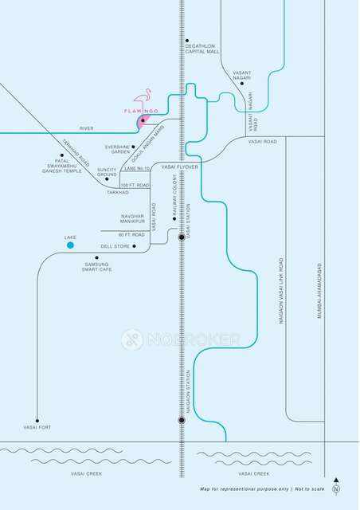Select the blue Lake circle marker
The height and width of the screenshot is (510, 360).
[70, 245]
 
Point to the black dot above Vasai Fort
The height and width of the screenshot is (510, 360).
[37, 420]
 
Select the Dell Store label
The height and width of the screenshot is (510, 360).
[115, 246]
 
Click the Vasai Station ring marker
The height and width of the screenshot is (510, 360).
[182, 237]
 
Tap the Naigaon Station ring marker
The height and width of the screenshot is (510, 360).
[182, 420]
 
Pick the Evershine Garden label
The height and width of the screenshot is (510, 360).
[117, 149]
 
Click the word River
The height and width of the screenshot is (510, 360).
[87, 127]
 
